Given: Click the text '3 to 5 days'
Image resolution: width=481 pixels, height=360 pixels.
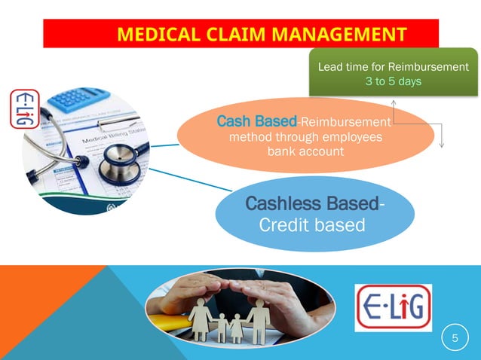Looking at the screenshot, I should click(393, 81).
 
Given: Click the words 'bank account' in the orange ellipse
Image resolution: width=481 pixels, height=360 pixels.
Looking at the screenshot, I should click(305, 151).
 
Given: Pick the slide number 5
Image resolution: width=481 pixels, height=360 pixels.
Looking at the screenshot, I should click(455, 340).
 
